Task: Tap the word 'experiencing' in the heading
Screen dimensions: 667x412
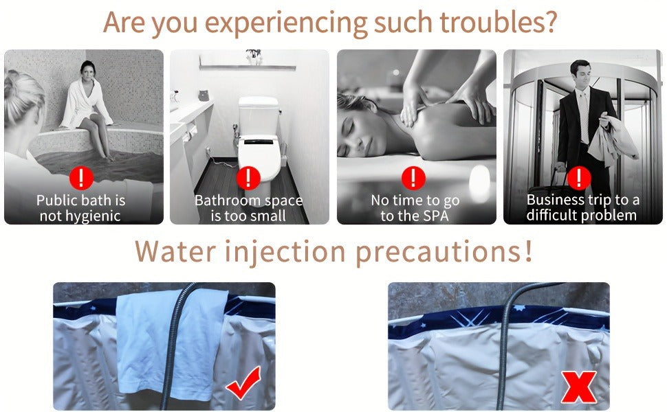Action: (286, 24)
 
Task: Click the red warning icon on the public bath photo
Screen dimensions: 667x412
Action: (81, 178)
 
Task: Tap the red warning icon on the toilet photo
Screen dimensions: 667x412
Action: (248, 178)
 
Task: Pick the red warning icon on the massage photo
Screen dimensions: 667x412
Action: (413, 178)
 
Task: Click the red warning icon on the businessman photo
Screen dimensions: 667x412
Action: (578, 178)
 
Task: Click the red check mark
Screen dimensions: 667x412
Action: (243, 383)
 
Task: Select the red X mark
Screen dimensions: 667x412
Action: (578, 387)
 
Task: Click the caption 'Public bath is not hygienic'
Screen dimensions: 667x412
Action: (80, 207)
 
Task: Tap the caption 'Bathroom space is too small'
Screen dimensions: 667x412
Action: (248, 207)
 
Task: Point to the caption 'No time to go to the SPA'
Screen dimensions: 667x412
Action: (415, 207)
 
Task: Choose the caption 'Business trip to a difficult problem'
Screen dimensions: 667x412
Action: (582, 207)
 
